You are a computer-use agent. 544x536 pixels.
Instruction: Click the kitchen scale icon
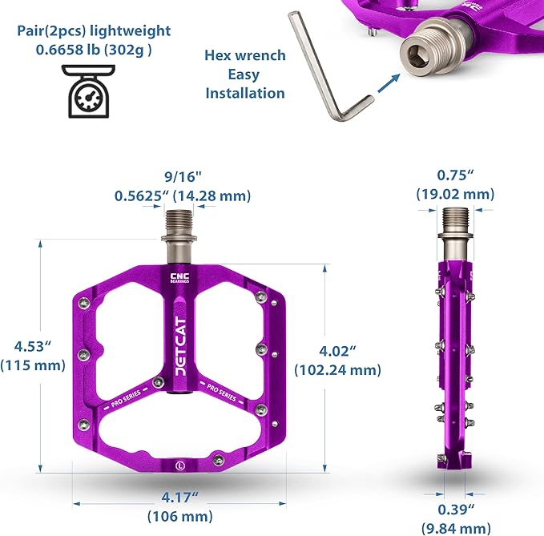point(88,91)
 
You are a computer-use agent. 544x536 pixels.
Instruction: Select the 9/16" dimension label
point(183,177)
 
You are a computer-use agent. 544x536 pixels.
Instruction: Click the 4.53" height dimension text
point(33,346)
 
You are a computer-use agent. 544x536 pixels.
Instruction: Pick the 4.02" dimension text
point(337,351)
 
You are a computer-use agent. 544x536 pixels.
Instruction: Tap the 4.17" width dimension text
point(179,498)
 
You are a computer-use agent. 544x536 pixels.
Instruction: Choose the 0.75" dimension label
point(455,175)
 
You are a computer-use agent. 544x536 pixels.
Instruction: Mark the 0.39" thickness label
point(456,510)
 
